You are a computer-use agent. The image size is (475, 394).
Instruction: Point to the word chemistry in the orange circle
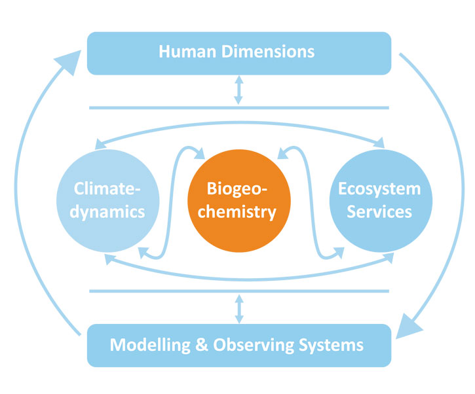[x=238, y=212]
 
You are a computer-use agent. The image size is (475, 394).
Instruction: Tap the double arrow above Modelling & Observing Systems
[x=238, y=308]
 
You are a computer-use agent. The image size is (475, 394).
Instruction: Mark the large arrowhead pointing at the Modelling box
[x=410, y=324]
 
